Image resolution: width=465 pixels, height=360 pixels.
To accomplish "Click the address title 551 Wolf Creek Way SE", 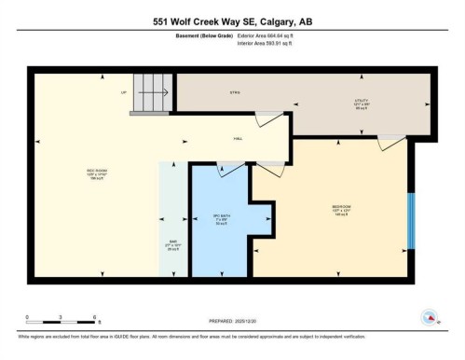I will pos(232,20).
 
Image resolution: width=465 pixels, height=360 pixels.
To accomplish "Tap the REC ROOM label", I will pos(99,173).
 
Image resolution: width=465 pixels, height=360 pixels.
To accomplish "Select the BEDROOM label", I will pos(342,208).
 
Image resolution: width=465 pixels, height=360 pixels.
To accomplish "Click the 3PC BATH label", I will pos(220,219).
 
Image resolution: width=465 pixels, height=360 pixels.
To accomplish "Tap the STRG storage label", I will pos(236,91).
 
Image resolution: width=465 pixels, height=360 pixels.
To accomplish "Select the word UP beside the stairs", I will pos(124,91).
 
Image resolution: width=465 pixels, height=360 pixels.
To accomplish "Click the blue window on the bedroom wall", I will pos(411,221).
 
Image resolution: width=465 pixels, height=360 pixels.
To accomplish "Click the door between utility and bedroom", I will pos(390,142).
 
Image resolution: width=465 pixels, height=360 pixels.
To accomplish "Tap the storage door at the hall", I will pos(268,119).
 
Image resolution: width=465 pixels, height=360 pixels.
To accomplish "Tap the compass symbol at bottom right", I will pos(430,317).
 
